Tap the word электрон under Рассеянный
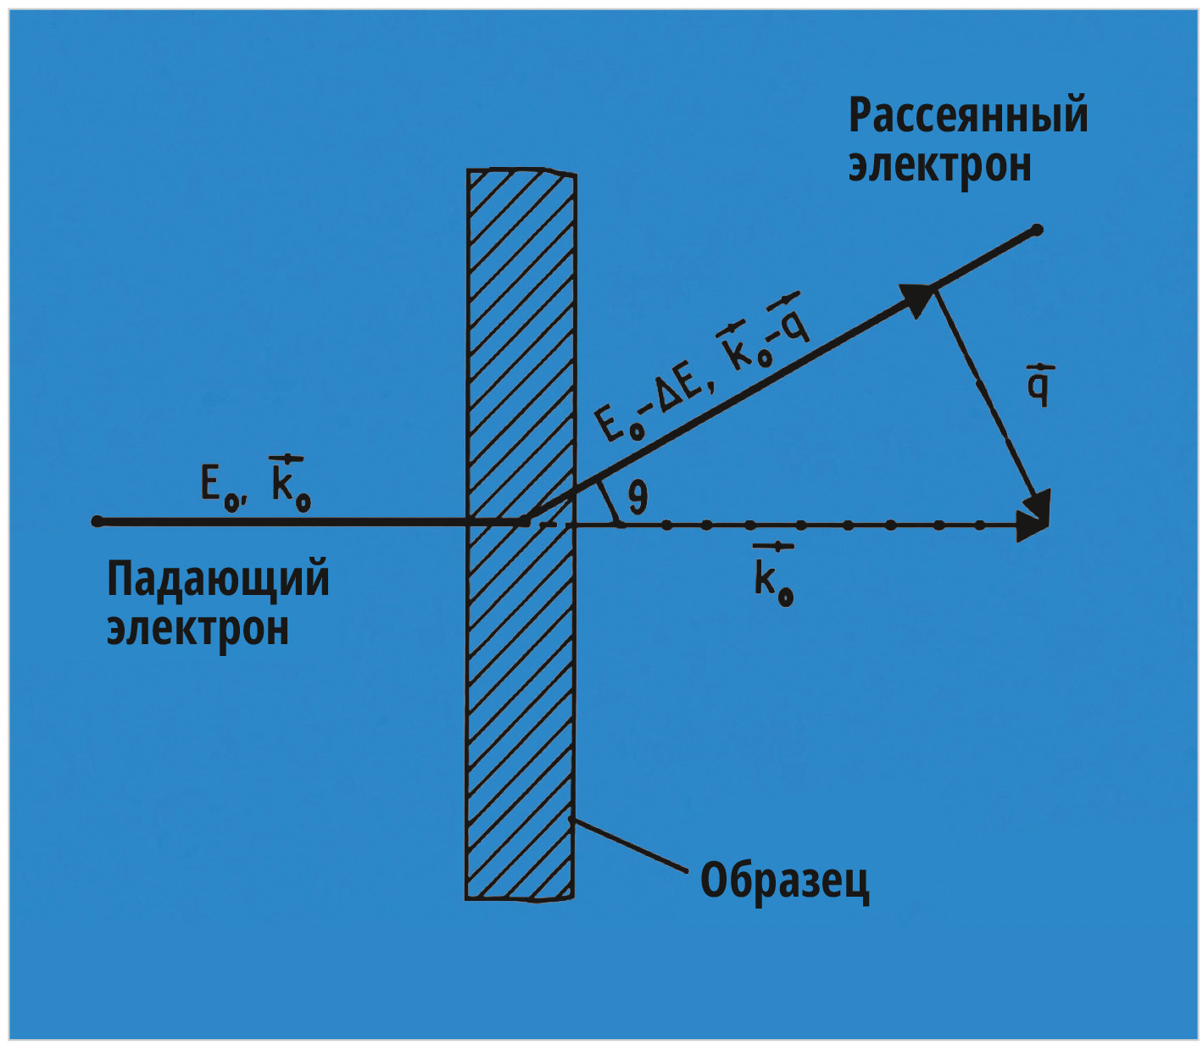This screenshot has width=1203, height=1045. click(939, 167)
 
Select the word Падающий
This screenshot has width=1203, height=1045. click(218, 581)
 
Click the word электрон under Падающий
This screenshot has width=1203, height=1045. click(198, 630)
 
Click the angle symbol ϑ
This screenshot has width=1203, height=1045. click(638, 496)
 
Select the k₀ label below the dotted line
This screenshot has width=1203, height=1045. click(773, 575)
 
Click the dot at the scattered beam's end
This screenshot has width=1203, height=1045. click(1037, 230)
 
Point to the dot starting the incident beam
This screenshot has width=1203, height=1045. click(97, 521)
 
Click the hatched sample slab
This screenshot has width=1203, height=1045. click(521, 534)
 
